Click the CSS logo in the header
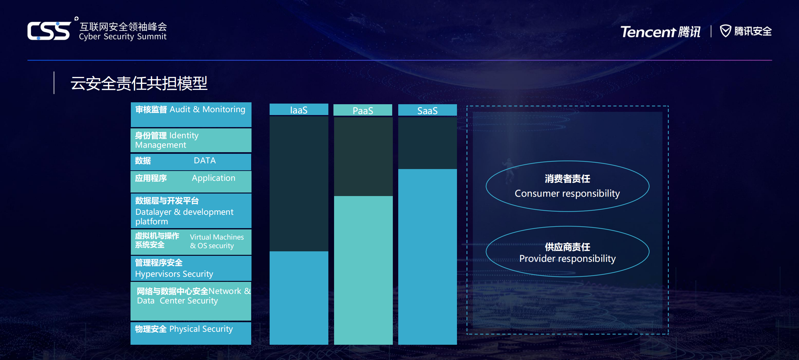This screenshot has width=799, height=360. (x=49, y=31)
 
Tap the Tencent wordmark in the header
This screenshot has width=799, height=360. (x=648, y=32)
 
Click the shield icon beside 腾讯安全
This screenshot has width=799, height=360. (x=726, y=31)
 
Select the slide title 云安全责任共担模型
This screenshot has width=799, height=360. (x=139, y=83)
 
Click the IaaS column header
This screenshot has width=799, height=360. (x=299, y=110)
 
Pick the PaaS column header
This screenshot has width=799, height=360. (x=363, y=110)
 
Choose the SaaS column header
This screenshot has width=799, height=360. (x=427, y=110)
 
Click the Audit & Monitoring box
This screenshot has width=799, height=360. (x=191, y=114)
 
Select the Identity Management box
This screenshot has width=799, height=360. (x=191, y=140)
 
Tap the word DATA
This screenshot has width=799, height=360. (x=205, y=160)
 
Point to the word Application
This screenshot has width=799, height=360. (x=213, y=178)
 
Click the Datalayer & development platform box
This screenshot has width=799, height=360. (x=191, y=211)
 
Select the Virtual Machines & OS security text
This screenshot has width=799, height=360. (x=217, y=241)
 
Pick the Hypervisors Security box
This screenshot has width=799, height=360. (x=191, y=268)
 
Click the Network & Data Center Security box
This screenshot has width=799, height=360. (x=191, y=301)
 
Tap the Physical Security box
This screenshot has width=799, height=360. (x=191, y=333)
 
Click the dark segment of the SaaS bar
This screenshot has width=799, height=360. (x=427, y=143)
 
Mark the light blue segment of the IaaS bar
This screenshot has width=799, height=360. (x=299, y=298)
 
